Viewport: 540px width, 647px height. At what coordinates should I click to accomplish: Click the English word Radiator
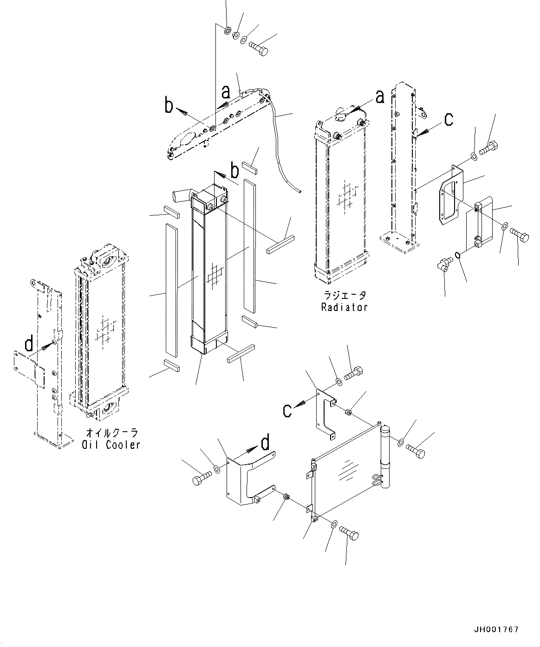coord(344,307)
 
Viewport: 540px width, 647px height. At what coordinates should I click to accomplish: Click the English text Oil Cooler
coord(111,445)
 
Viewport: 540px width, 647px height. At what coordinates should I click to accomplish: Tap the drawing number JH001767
coord(496,630)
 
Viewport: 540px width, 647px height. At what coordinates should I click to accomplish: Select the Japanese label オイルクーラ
coord(111,433)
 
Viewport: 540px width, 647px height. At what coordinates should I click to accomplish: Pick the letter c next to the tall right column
coord(449,120)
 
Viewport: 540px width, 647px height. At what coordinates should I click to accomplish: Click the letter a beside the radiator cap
coord(380,97)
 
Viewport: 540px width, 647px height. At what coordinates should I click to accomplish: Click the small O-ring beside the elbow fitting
coord(458,255)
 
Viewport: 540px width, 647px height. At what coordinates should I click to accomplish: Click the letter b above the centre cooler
coord(235,171)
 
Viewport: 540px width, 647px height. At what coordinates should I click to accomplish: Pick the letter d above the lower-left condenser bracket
coord(265,444)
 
